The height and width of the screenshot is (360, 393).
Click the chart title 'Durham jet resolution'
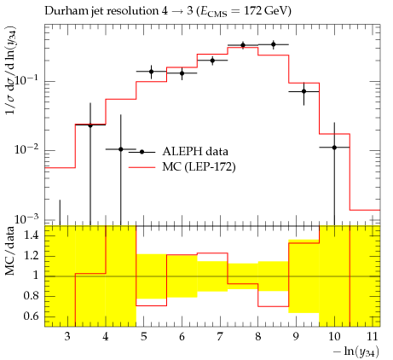(101, 11)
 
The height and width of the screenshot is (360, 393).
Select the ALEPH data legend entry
(178, 152)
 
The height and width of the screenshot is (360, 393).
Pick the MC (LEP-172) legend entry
(182, 167)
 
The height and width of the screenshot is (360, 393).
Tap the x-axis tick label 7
(220, 336)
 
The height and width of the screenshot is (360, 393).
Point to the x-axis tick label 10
(334, 336)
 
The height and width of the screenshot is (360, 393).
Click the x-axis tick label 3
(67, 336)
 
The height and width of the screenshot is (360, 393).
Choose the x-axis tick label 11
(373, 336)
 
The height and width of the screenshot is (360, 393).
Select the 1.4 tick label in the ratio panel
(32, 235)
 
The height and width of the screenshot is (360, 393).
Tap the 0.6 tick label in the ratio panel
(32, 316)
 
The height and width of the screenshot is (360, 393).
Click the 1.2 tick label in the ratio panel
(32, 255)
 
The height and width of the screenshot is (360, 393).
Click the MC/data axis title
(10, 251)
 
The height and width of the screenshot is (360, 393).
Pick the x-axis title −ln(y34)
(356, 351)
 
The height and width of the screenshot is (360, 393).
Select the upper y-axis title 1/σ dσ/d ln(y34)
(11, 71)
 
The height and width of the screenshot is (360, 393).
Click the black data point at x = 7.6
(243, 45)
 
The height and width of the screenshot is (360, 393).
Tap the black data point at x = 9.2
(303, 91)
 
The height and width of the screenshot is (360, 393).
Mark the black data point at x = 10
(334, 148)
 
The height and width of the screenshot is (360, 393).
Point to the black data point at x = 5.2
(152, 72)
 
